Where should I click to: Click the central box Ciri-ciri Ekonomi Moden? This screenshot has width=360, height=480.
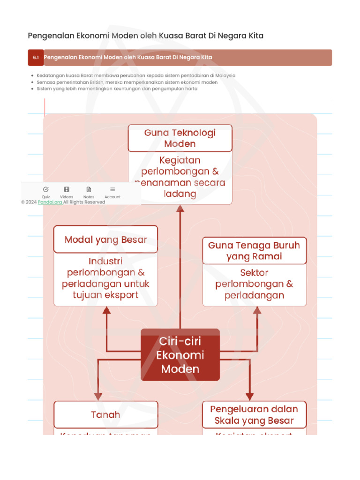click(180, 355)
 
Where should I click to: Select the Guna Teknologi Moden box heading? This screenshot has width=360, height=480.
click(180, 138)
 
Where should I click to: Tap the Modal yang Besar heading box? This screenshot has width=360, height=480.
click(105, 240)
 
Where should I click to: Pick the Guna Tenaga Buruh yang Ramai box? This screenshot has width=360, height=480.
click(254, 251)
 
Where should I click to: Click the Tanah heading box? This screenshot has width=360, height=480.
click(105, 414)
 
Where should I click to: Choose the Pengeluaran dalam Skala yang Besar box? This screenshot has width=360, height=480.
click(254, 414)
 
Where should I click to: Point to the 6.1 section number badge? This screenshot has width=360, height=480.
click(36, 58)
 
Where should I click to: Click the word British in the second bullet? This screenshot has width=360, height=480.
click(97, 82)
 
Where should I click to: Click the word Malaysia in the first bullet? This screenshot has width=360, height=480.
click(225, 75)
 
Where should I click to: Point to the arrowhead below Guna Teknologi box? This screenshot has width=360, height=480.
click(180, 209)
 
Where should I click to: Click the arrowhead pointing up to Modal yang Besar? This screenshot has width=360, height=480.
click(107, 310)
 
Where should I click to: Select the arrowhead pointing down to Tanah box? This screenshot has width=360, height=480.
click(98, 397)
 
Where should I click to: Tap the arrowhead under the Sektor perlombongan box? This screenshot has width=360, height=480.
click(257, 310)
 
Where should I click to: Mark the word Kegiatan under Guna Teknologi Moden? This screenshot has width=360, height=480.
click(180, 160)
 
